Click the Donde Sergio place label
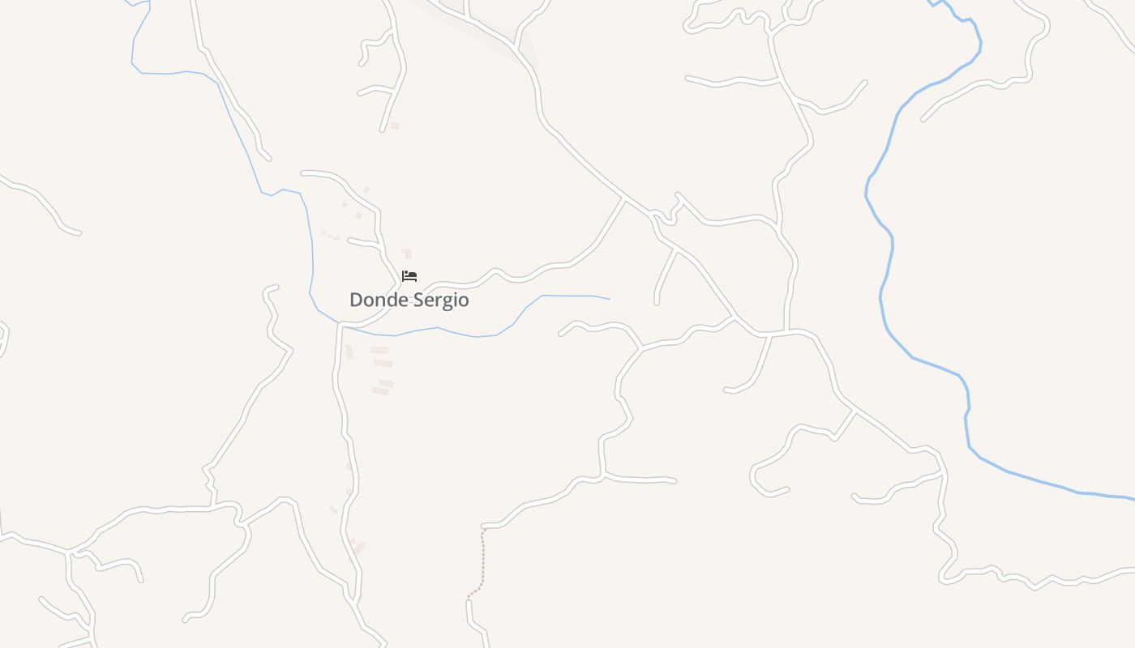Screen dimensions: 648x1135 [409, 300]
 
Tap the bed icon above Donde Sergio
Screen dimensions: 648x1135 [409, 276]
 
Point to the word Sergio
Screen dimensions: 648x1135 [440, 301]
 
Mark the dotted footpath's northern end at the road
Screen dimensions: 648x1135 [483, 530]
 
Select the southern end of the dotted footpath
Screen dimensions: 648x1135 [469, 599]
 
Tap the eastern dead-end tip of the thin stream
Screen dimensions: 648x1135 [609, 299]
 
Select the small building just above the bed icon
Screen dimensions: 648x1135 [406, 254]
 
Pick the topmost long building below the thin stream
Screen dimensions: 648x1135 [379, 350]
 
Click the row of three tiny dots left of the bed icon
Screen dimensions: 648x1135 [330, 236]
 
